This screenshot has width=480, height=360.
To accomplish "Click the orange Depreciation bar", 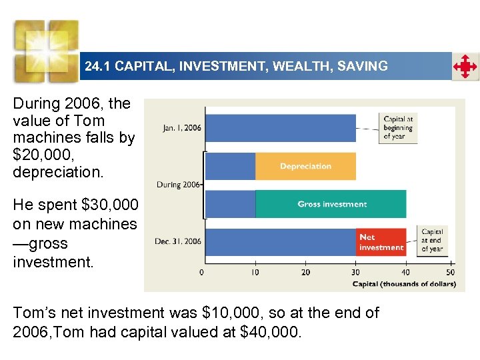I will coord(305,166).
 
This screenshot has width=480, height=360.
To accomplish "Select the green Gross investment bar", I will coord(331,204).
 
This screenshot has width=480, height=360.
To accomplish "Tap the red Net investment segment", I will coord(381,242).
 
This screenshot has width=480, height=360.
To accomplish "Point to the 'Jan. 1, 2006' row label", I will coord(181,127).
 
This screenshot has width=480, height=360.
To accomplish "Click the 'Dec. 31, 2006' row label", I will coord(178,241).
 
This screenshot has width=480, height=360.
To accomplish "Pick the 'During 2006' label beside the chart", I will coord(178,185).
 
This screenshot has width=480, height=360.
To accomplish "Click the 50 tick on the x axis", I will coord(451,272).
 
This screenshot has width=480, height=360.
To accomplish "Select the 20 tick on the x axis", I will coord(305,272).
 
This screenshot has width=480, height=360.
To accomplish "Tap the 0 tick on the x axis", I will coord(202,272).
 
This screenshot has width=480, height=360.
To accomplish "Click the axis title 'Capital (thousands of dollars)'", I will coord(404,285).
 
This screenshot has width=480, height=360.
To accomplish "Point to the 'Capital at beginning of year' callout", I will coord(398,127).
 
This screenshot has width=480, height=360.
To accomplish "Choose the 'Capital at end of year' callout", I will coord(432,241).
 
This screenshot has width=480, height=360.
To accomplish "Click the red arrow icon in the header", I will coord(465,67).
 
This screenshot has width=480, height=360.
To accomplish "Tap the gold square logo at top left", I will coord(47,50).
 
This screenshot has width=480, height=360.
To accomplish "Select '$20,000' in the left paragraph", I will coord(41,155).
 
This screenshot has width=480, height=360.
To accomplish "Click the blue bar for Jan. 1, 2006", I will coord(279,127).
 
